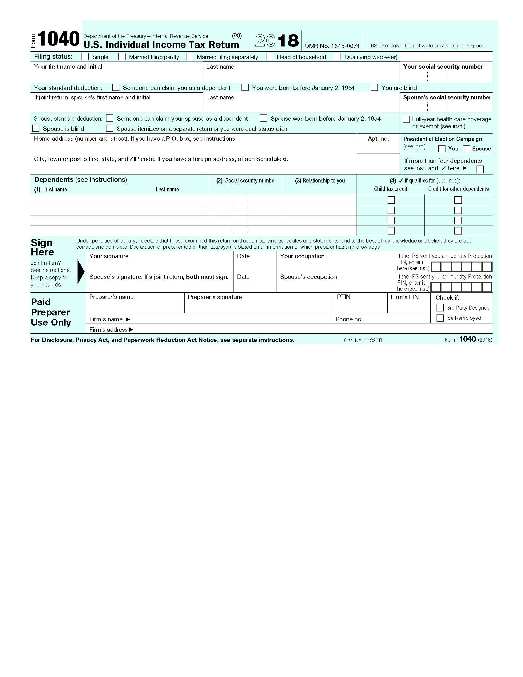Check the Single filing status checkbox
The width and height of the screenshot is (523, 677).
(85, 57)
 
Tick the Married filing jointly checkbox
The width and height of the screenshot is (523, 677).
(122, 57)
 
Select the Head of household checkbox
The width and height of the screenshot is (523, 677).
(269, 57)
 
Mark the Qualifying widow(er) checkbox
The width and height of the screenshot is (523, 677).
(337, 57)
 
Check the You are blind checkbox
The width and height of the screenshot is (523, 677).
(374, 87)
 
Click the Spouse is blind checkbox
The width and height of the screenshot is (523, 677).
(36, 128)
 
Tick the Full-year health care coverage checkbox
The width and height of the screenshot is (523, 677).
(406, 119)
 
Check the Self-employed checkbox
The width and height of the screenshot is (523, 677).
(440, 318)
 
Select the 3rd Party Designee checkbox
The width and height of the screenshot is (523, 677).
(440, 308)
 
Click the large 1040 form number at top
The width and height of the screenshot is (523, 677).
(58, 39)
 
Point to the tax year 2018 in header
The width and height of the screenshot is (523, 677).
(277, 41)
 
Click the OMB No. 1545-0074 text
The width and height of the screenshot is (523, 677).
(332, 46)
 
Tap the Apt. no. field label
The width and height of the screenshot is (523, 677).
(378, 138)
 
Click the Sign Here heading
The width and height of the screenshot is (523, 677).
(42, 247)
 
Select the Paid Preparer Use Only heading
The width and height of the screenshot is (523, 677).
(51, 312)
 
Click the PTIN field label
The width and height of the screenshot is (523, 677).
(344, 297)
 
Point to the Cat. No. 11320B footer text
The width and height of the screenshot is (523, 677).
(363, 340)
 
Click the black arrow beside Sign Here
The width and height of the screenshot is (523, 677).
(81, 272)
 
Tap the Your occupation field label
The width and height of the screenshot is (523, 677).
(302, 256)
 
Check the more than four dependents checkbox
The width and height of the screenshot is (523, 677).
(480, 169)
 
